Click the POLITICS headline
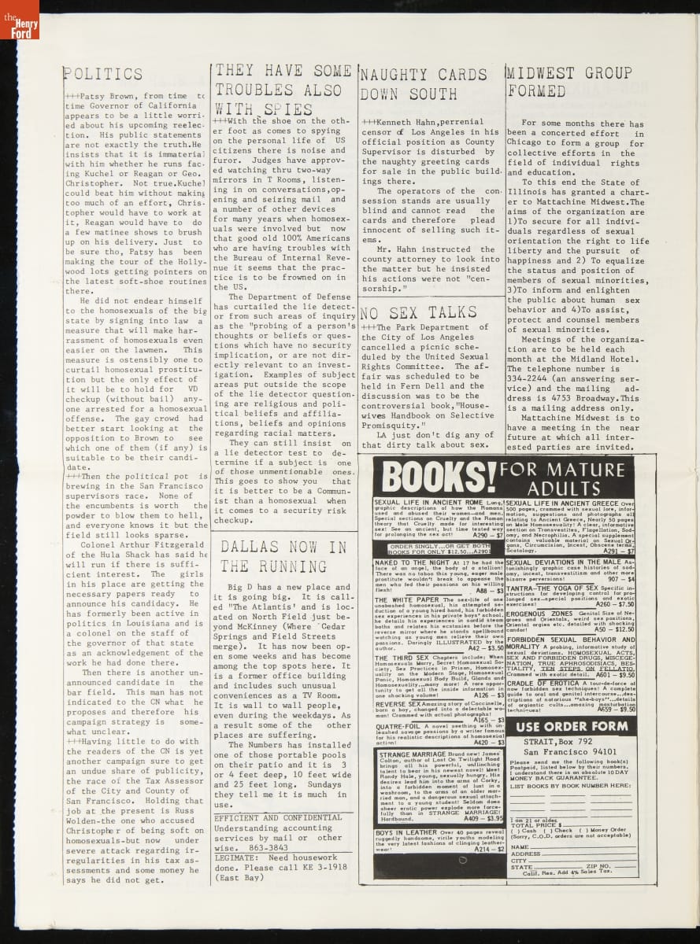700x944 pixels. pos(103,75)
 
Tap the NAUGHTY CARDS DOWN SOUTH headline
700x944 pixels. pos(424,84)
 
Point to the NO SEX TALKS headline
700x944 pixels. pos(418,312)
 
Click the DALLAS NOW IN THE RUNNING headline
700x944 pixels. pos(283,556)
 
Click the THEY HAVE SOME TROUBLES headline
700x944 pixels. pos(283,90)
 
